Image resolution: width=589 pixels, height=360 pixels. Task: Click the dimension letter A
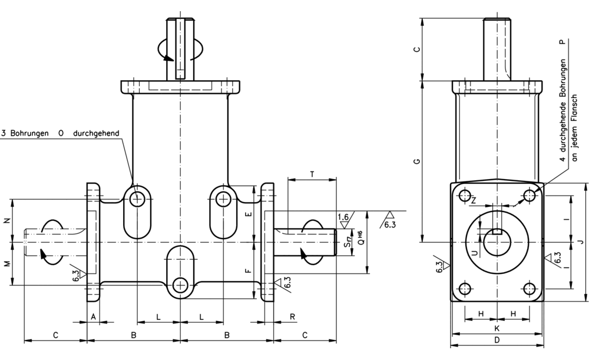pos(92,316)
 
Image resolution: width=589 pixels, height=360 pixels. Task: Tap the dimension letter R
pos(293,316)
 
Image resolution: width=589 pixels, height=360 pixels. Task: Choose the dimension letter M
pos(7,263)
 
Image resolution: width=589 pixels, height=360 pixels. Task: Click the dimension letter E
pos(249,214)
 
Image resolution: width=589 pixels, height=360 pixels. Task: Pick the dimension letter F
pos(249,272)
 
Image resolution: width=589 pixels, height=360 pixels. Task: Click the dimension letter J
pos(581,241)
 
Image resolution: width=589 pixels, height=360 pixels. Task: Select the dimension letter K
pos(497,328)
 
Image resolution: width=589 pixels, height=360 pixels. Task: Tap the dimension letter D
pos(497,340)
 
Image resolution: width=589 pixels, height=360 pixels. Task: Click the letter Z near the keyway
pos(474,200)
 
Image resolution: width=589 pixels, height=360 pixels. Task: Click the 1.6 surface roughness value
pos(343,217)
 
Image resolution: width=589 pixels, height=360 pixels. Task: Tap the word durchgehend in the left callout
pos(96,133)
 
